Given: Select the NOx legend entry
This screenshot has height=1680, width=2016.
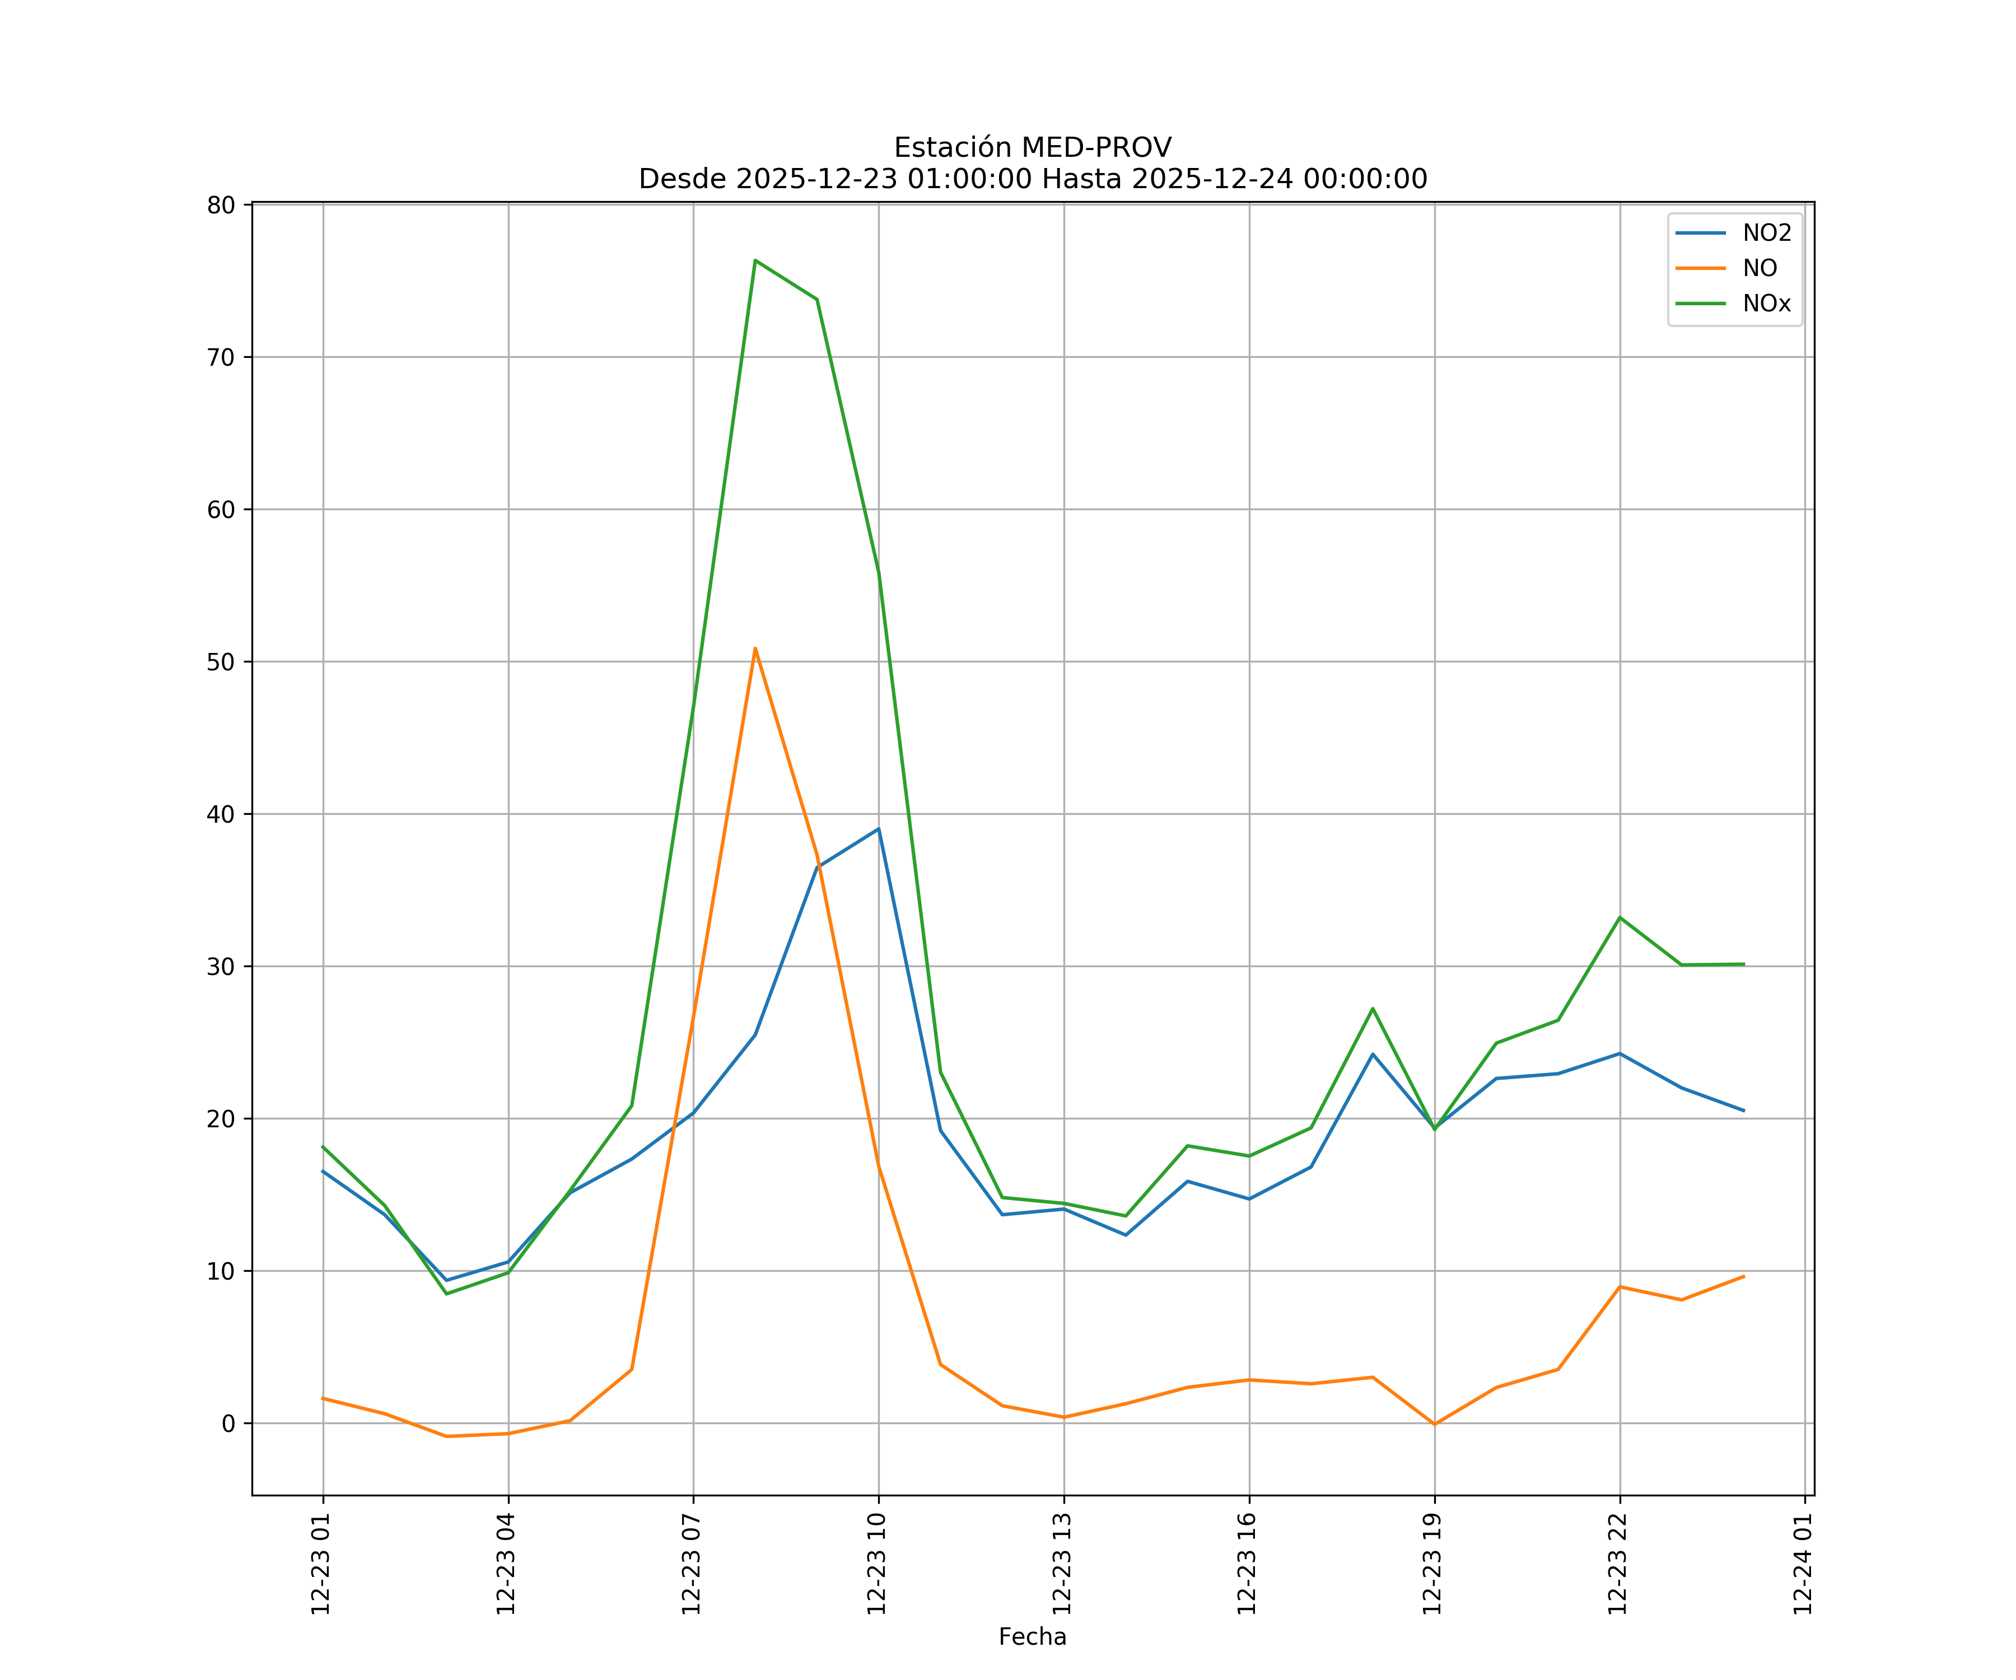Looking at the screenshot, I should (x=1766, y=304).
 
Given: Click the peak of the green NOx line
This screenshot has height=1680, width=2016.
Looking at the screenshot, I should (x=755, y=260).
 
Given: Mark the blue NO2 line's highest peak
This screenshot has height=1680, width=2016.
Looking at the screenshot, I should (x=879, y=828).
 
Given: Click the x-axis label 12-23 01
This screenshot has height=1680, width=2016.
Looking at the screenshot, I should (x=321, y=1564).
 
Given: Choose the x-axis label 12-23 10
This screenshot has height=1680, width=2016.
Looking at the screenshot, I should (x=876, y=1564).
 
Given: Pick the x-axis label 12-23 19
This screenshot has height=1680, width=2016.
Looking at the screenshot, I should (x=1432, y=1564).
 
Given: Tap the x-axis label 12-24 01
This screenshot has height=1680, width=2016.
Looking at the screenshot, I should (x=1803, y=1564).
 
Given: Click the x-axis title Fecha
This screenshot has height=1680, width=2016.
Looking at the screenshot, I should (x=1032, y=1637).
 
